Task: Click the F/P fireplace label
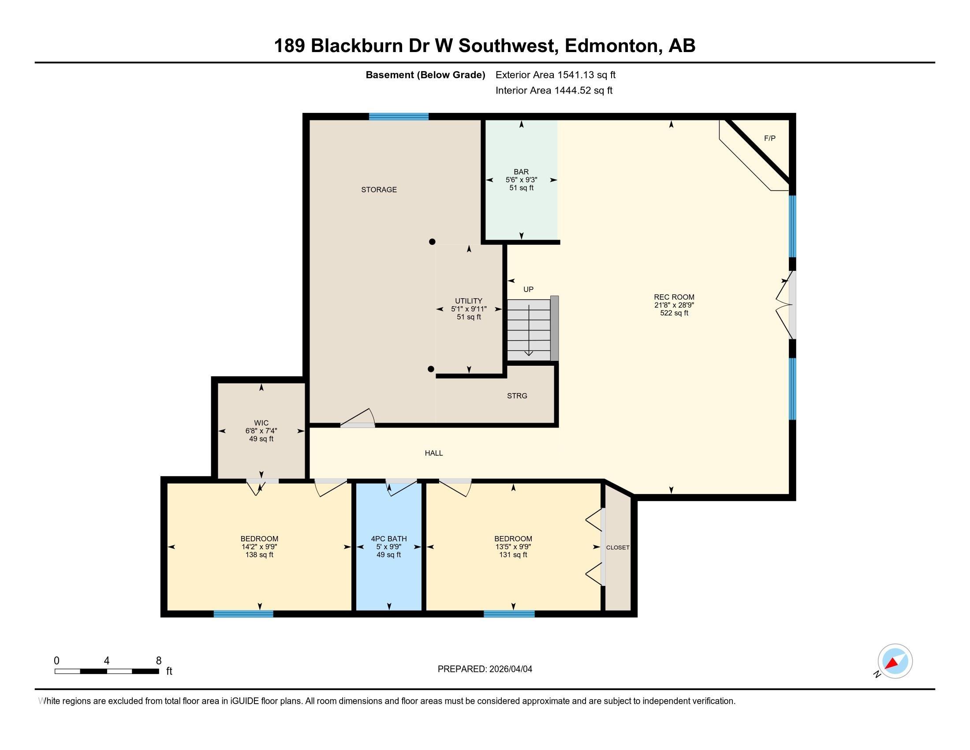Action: [x=770, y=138]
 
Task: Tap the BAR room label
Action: [x=521, y=172]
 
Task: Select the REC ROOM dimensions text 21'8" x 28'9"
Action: [x=674, y=305]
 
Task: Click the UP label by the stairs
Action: [x=528, y=289]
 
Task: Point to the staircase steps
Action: [x=529, y=329]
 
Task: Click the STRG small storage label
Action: [x=517, y=395]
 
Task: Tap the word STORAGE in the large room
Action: [x=379, y=190]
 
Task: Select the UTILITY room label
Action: [x=469, y=301]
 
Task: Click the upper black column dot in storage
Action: [x=432, y=242]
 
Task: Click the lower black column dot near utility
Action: [x=431, y=369]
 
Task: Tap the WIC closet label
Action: [x=261, y=423]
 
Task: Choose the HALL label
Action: [x=433, y=453]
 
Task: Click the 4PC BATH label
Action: [x=388, y=539]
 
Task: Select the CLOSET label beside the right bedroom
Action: [x=617, y=547]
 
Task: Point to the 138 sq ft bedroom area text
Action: [x=259, y=555]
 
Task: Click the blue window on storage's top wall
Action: [x=399, y=116]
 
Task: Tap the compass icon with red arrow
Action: [x=895, y=661]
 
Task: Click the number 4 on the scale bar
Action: [x=107, y=661]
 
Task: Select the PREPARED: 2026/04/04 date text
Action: [x=485, y=669]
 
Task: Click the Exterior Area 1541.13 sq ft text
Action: [x=555, y=75]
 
